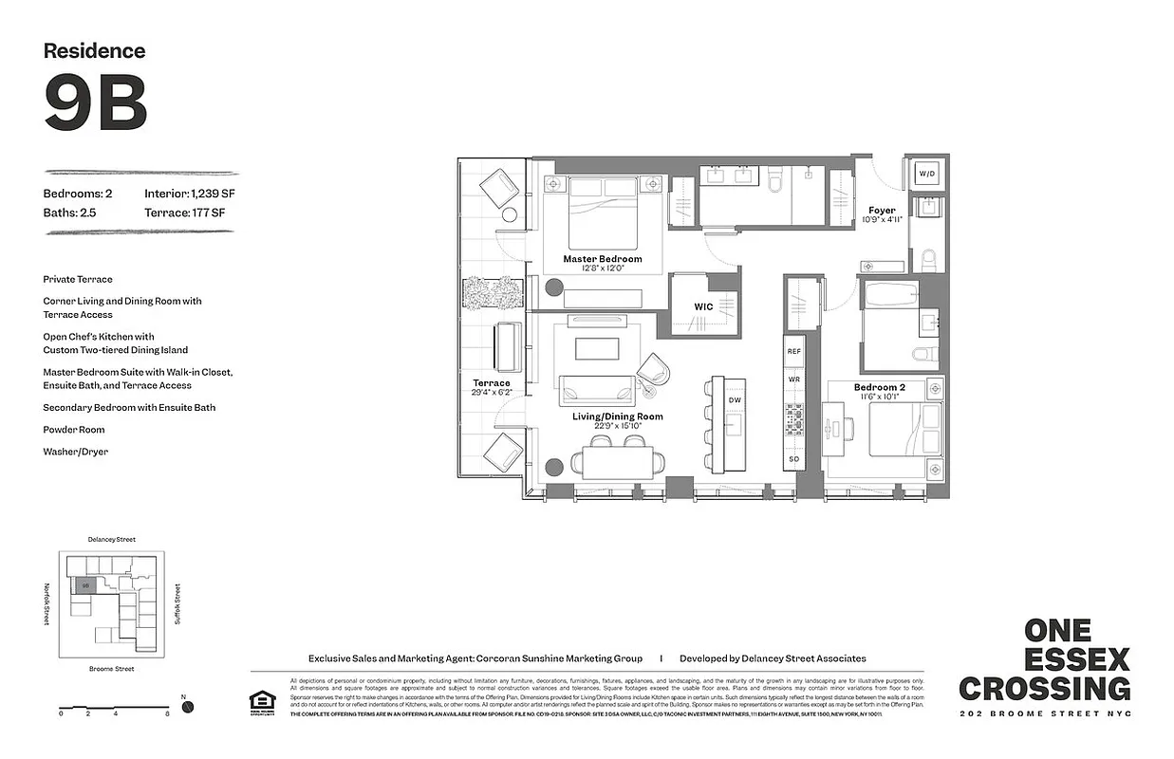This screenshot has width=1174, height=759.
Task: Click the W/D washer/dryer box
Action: point(925,175)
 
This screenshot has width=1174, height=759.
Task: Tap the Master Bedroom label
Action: point(602,259)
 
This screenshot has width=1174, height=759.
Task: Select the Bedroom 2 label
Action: point(879,387)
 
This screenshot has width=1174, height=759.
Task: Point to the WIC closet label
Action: point(703,306)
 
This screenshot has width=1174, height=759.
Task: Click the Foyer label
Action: point(882,211)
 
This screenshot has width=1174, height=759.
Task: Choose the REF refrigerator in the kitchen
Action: point(794,351)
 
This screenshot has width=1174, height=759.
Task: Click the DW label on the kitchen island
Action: point(735,400)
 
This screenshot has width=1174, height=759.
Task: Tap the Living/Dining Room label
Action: point(617,417)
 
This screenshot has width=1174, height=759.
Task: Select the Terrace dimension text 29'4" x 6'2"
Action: point(491,392)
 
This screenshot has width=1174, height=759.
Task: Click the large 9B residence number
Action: point(95,102)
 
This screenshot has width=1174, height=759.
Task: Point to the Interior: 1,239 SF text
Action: point(184,194)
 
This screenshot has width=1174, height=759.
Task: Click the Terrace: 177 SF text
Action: point(184,213)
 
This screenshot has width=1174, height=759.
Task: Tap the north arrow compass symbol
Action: point(188,707)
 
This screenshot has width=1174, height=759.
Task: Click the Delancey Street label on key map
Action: point(111,539)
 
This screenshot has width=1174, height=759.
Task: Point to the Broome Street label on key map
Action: point(111,669)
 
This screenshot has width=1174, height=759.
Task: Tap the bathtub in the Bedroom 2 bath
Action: point(889,294)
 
